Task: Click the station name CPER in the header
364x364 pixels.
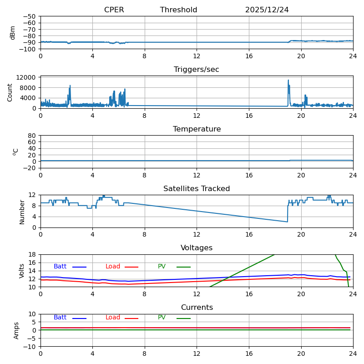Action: point(114,10)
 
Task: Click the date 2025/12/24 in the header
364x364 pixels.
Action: point(267,10)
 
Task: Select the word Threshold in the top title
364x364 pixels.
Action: point(178,10)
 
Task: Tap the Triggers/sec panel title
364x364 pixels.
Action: point(197,70)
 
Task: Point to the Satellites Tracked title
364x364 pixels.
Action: point(197,189)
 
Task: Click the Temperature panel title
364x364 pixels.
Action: point(197,129)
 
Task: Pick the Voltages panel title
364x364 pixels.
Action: point(197,248)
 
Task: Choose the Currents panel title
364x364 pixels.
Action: point(197,308)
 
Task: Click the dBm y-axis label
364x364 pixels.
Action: point(13,32)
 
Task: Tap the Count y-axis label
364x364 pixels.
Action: point(10,92)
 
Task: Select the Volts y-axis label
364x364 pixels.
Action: point(22,271)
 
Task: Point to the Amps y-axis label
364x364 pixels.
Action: point(16,330)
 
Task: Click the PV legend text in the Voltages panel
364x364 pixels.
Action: point(162,267)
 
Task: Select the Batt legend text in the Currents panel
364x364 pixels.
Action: point(60,318)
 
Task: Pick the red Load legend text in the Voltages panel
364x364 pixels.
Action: point(113,267)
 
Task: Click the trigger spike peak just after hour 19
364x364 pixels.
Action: point(288,80)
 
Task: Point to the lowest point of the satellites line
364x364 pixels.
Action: point(287,222)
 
